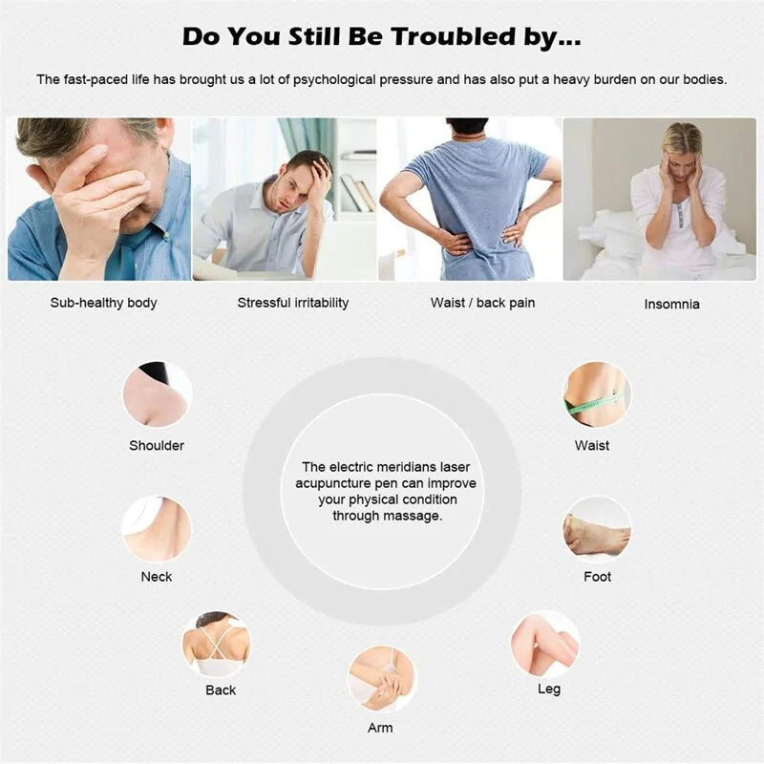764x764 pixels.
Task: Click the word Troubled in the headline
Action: (x=454, y=36)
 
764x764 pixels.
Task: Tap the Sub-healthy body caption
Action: (x=103, y=303)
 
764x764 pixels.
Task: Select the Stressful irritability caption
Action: (x=293, y=303)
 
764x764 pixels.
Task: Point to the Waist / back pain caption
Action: (x=482, y=303)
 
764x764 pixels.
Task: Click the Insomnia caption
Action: (x=671, y=304)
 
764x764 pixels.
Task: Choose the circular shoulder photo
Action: (x=157, y=395)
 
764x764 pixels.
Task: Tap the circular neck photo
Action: (x=157, y=529)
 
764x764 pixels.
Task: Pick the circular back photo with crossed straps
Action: (x=217, y=644)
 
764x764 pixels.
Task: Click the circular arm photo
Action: (x=381, y=679)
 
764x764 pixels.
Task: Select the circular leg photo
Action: (x=546, y=644)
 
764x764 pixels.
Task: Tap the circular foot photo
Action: (x=597, y=530)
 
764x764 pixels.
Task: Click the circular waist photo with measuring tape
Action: (x=596, y=395)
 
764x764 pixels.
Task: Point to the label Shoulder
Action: (x=157, y=445)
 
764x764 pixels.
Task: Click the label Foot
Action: (x=598, y=577)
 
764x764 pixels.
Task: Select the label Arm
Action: (x=380, y=728)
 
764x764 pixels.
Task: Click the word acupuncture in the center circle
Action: (x=332, y=483)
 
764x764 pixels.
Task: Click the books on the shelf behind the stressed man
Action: (x=358, y=193)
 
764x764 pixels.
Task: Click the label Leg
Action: (x=549, y=689)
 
